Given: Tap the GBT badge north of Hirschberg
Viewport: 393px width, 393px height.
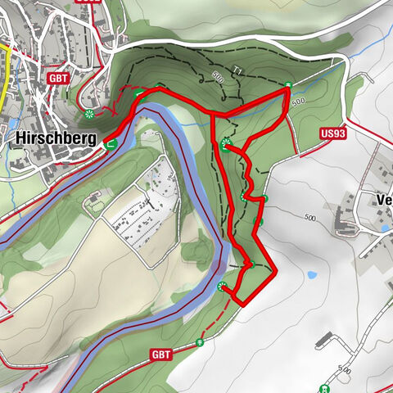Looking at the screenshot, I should (x=58, y=79).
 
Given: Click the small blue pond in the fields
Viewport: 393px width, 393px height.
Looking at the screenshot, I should (x=311, y=276).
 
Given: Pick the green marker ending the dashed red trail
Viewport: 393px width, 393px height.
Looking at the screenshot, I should (x=200, y=342).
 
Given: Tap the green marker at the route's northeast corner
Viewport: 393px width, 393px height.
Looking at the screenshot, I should (x=288, y=86).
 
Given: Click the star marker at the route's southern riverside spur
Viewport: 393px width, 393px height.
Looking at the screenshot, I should (x=222, y=286).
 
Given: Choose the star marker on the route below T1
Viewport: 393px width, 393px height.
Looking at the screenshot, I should (x=226, y=144).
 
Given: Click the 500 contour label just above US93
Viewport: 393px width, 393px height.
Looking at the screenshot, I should (x=297, y=101).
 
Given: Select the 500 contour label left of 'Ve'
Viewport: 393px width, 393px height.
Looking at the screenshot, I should (x=309, y=218).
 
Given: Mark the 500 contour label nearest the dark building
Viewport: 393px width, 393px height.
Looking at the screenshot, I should (x=345, y=371).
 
